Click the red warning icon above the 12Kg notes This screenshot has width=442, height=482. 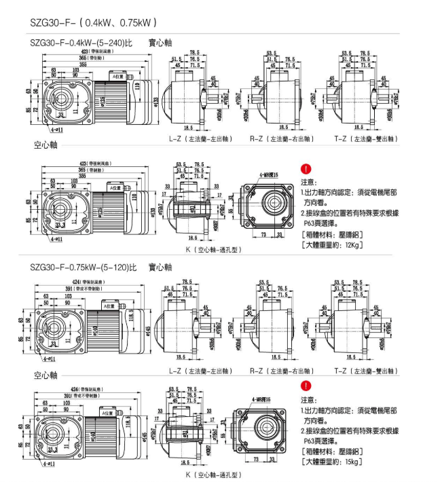tap(306, 169)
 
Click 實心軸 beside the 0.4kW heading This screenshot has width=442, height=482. tap(160, 42)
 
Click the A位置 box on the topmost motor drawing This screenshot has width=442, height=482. tap(121, 77)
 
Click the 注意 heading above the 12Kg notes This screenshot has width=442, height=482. tap(308, 182)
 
